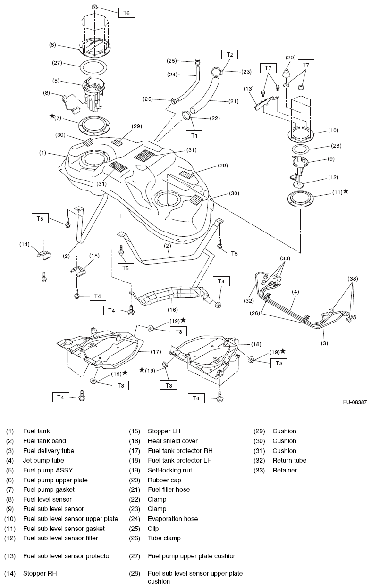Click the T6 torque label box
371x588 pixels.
126,13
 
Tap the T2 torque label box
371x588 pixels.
230,55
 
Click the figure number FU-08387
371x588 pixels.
355,402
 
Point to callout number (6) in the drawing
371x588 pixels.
52,45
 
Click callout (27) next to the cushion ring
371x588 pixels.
57,62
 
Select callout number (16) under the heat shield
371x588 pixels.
172,311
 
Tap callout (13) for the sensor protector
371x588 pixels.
249,89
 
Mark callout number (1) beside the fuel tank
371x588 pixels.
43,153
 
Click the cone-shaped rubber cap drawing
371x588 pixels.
287,75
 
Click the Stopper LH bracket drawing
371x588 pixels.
81,272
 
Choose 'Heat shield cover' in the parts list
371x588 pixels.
173,441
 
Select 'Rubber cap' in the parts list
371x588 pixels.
164,480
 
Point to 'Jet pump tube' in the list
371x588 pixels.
43,460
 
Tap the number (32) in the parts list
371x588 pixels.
261,460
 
